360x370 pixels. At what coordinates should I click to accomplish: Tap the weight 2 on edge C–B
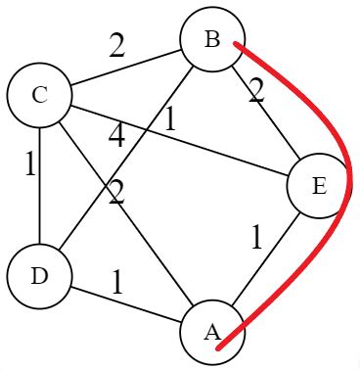[x=116, y=46]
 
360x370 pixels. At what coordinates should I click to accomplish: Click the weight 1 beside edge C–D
[x=30, y=164]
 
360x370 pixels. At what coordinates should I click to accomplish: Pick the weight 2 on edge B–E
[x=256, y=93]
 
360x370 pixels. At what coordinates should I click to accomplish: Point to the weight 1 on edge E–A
[x=256, y=238]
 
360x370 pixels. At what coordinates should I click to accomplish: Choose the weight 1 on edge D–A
[x=117, y=282]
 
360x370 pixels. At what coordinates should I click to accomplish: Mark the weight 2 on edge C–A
[x=116, y=193]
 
